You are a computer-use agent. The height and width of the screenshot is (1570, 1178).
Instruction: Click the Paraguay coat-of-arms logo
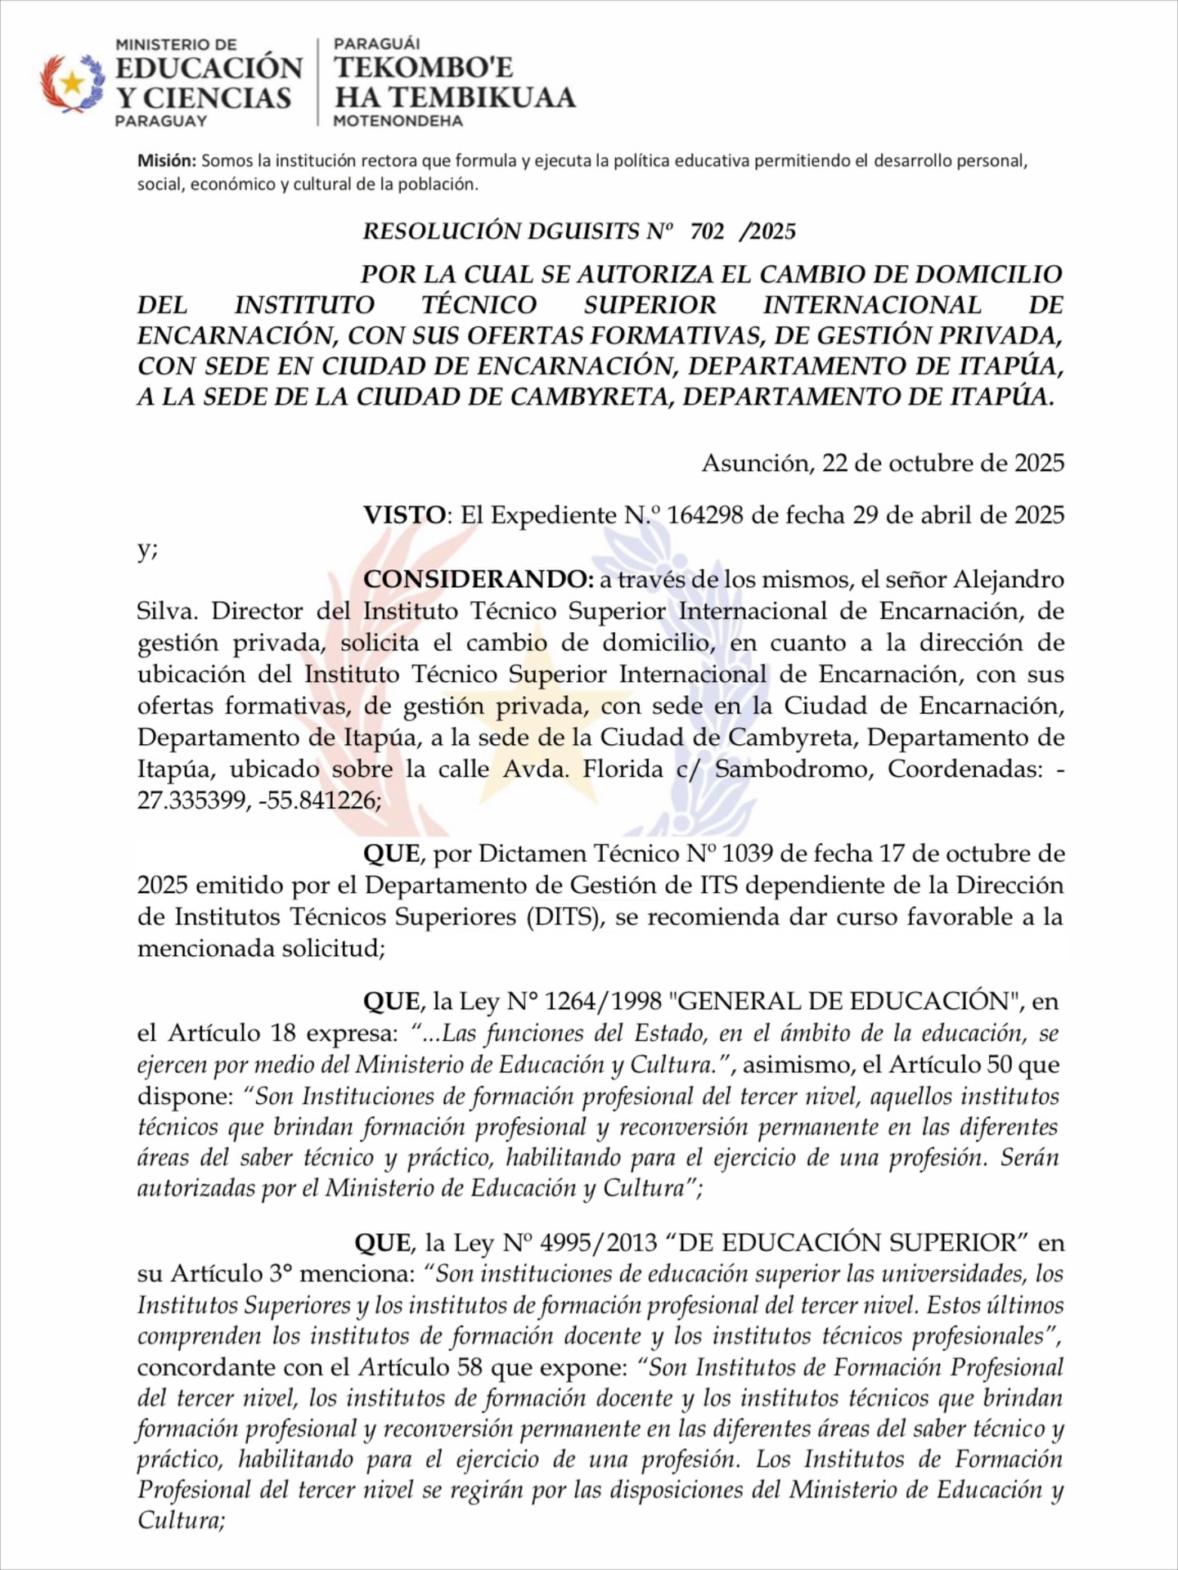click(73, 83)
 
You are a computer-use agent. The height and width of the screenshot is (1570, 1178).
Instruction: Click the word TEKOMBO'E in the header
click(424, 67)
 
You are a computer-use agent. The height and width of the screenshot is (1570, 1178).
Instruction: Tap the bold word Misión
click(167, 161)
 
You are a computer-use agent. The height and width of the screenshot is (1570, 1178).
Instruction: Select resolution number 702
click(707, 231)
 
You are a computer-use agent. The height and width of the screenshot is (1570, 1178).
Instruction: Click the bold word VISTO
click(405, 515)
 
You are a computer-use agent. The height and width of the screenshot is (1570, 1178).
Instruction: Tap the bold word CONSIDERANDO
click(478, 579)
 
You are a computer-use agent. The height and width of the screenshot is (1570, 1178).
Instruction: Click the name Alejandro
click(1009, 579)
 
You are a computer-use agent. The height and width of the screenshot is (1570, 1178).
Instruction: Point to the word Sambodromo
click(789, 769)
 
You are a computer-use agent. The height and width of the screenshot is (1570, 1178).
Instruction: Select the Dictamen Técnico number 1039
click(748, 854)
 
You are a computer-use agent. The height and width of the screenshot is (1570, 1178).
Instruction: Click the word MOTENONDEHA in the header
click(398, 121)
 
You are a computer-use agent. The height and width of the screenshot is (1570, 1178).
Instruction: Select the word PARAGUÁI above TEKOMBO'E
click(377, 44)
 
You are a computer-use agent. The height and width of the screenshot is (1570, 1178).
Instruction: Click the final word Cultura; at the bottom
click(181, 1521)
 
